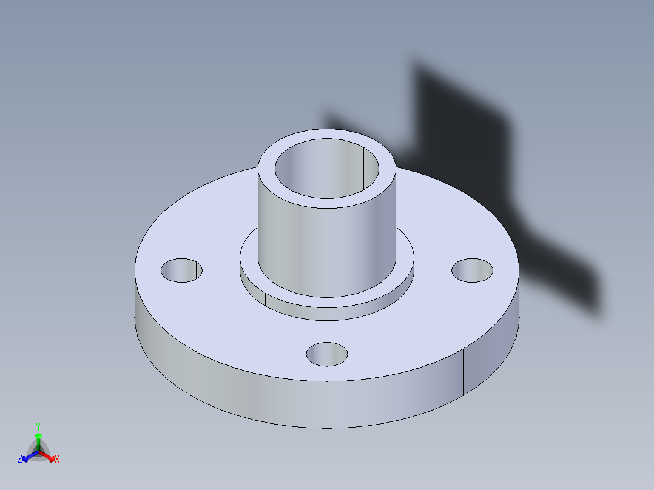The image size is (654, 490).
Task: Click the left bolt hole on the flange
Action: click(x=181, y=270)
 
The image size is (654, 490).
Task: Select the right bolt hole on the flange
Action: click(x=473, y=270)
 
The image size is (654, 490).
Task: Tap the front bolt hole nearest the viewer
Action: click(x=327, y=354)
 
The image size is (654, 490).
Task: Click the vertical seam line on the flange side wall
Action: click(x=464, y=371)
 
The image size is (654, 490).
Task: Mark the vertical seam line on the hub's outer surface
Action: click(x=278, y=243)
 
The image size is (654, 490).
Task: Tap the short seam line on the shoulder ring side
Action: click(x=266, y=300)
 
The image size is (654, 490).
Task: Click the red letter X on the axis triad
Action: click(x=57, y=460)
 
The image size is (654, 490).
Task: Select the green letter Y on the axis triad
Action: click(x=38, y=426)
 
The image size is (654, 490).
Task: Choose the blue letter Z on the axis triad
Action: click(x=20, y=460)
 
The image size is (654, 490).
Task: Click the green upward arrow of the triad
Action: click(x=38, y=438)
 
